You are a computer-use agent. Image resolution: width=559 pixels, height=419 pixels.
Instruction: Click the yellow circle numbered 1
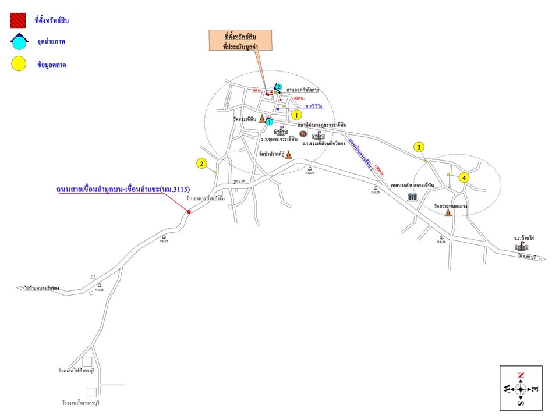click(296, 115)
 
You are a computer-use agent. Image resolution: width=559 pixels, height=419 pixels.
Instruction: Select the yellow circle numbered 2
click(201, 164)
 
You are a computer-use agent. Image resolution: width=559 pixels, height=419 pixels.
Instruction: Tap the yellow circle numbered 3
click(419, 148)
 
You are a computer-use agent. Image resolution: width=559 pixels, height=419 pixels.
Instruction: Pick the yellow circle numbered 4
click(464, 177)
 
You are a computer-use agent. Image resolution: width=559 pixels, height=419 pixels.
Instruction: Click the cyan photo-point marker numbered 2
click(278, 87)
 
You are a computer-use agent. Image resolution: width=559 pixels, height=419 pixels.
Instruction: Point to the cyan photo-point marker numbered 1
click(269, 122)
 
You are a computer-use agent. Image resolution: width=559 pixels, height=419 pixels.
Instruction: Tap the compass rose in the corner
click(521, 389)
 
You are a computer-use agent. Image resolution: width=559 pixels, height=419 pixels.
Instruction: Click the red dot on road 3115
click(189, 212)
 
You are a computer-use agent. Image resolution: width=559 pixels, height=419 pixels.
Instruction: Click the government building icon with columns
click(413, 197)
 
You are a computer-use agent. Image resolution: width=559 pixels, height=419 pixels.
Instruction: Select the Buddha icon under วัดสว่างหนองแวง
click(448, 213)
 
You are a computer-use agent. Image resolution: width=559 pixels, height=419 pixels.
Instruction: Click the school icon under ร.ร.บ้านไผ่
click(522, 247)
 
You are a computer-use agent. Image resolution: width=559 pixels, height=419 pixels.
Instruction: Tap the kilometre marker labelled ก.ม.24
click(309, 170)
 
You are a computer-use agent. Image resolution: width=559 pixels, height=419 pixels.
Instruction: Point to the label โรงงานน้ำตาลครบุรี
click(85, 403)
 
